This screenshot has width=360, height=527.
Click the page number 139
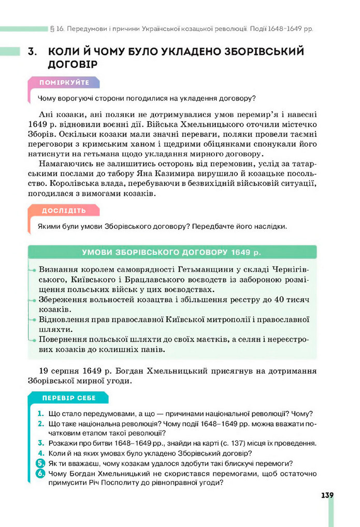click(327, 495)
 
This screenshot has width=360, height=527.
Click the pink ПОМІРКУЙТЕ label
click(64, 83)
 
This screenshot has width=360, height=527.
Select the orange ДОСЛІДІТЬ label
click(64, 210)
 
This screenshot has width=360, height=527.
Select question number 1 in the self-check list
click(40, 414)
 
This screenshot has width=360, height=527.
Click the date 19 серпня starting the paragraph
click(57, 371)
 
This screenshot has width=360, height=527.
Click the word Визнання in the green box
click(59, 270)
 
